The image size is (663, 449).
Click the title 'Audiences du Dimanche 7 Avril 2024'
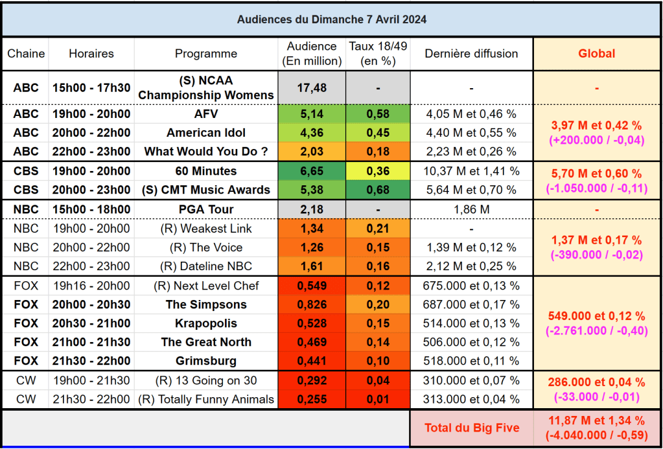pos(331,19)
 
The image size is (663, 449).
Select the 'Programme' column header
pos(206,54)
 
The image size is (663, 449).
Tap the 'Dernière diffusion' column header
pos(471,54)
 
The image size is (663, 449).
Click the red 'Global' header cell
pos(596,54)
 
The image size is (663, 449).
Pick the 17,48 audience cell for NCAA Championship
pos(312,88)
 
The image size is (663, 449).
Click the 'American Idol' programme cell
pos(206,133)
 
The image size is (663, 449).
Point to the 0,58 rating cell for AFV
pos(378,114)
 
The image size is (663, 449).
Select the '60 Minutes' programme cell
pos(206,171)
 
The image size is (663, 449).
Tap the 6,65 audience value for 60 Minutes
pos(312,171)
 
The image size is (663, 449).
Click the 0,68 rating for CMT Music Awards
pos(378,190)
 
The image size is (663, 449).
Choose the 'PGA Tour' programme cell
pos(206,209)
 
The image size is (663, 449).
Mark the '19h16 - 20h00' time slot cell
pos(91,286)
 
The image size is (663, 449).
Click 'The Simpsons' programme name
pos(206,305)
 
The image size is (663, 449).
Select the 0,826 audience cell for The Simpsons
pos(312,305)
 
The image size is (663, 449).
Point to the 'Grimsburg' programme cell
pos(206,361)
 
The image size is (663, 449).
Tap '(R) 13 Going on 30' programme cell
pos(206,381)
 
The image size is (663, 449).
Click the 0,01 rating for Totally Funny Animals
pos(378,400)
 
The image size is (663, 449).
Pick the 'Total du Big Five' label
pos(471,428)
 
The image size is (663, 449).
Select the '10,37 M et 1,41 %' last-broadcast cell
pos(471,171)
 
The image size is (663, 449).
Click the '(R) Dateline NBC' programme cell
pos(206,266)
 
